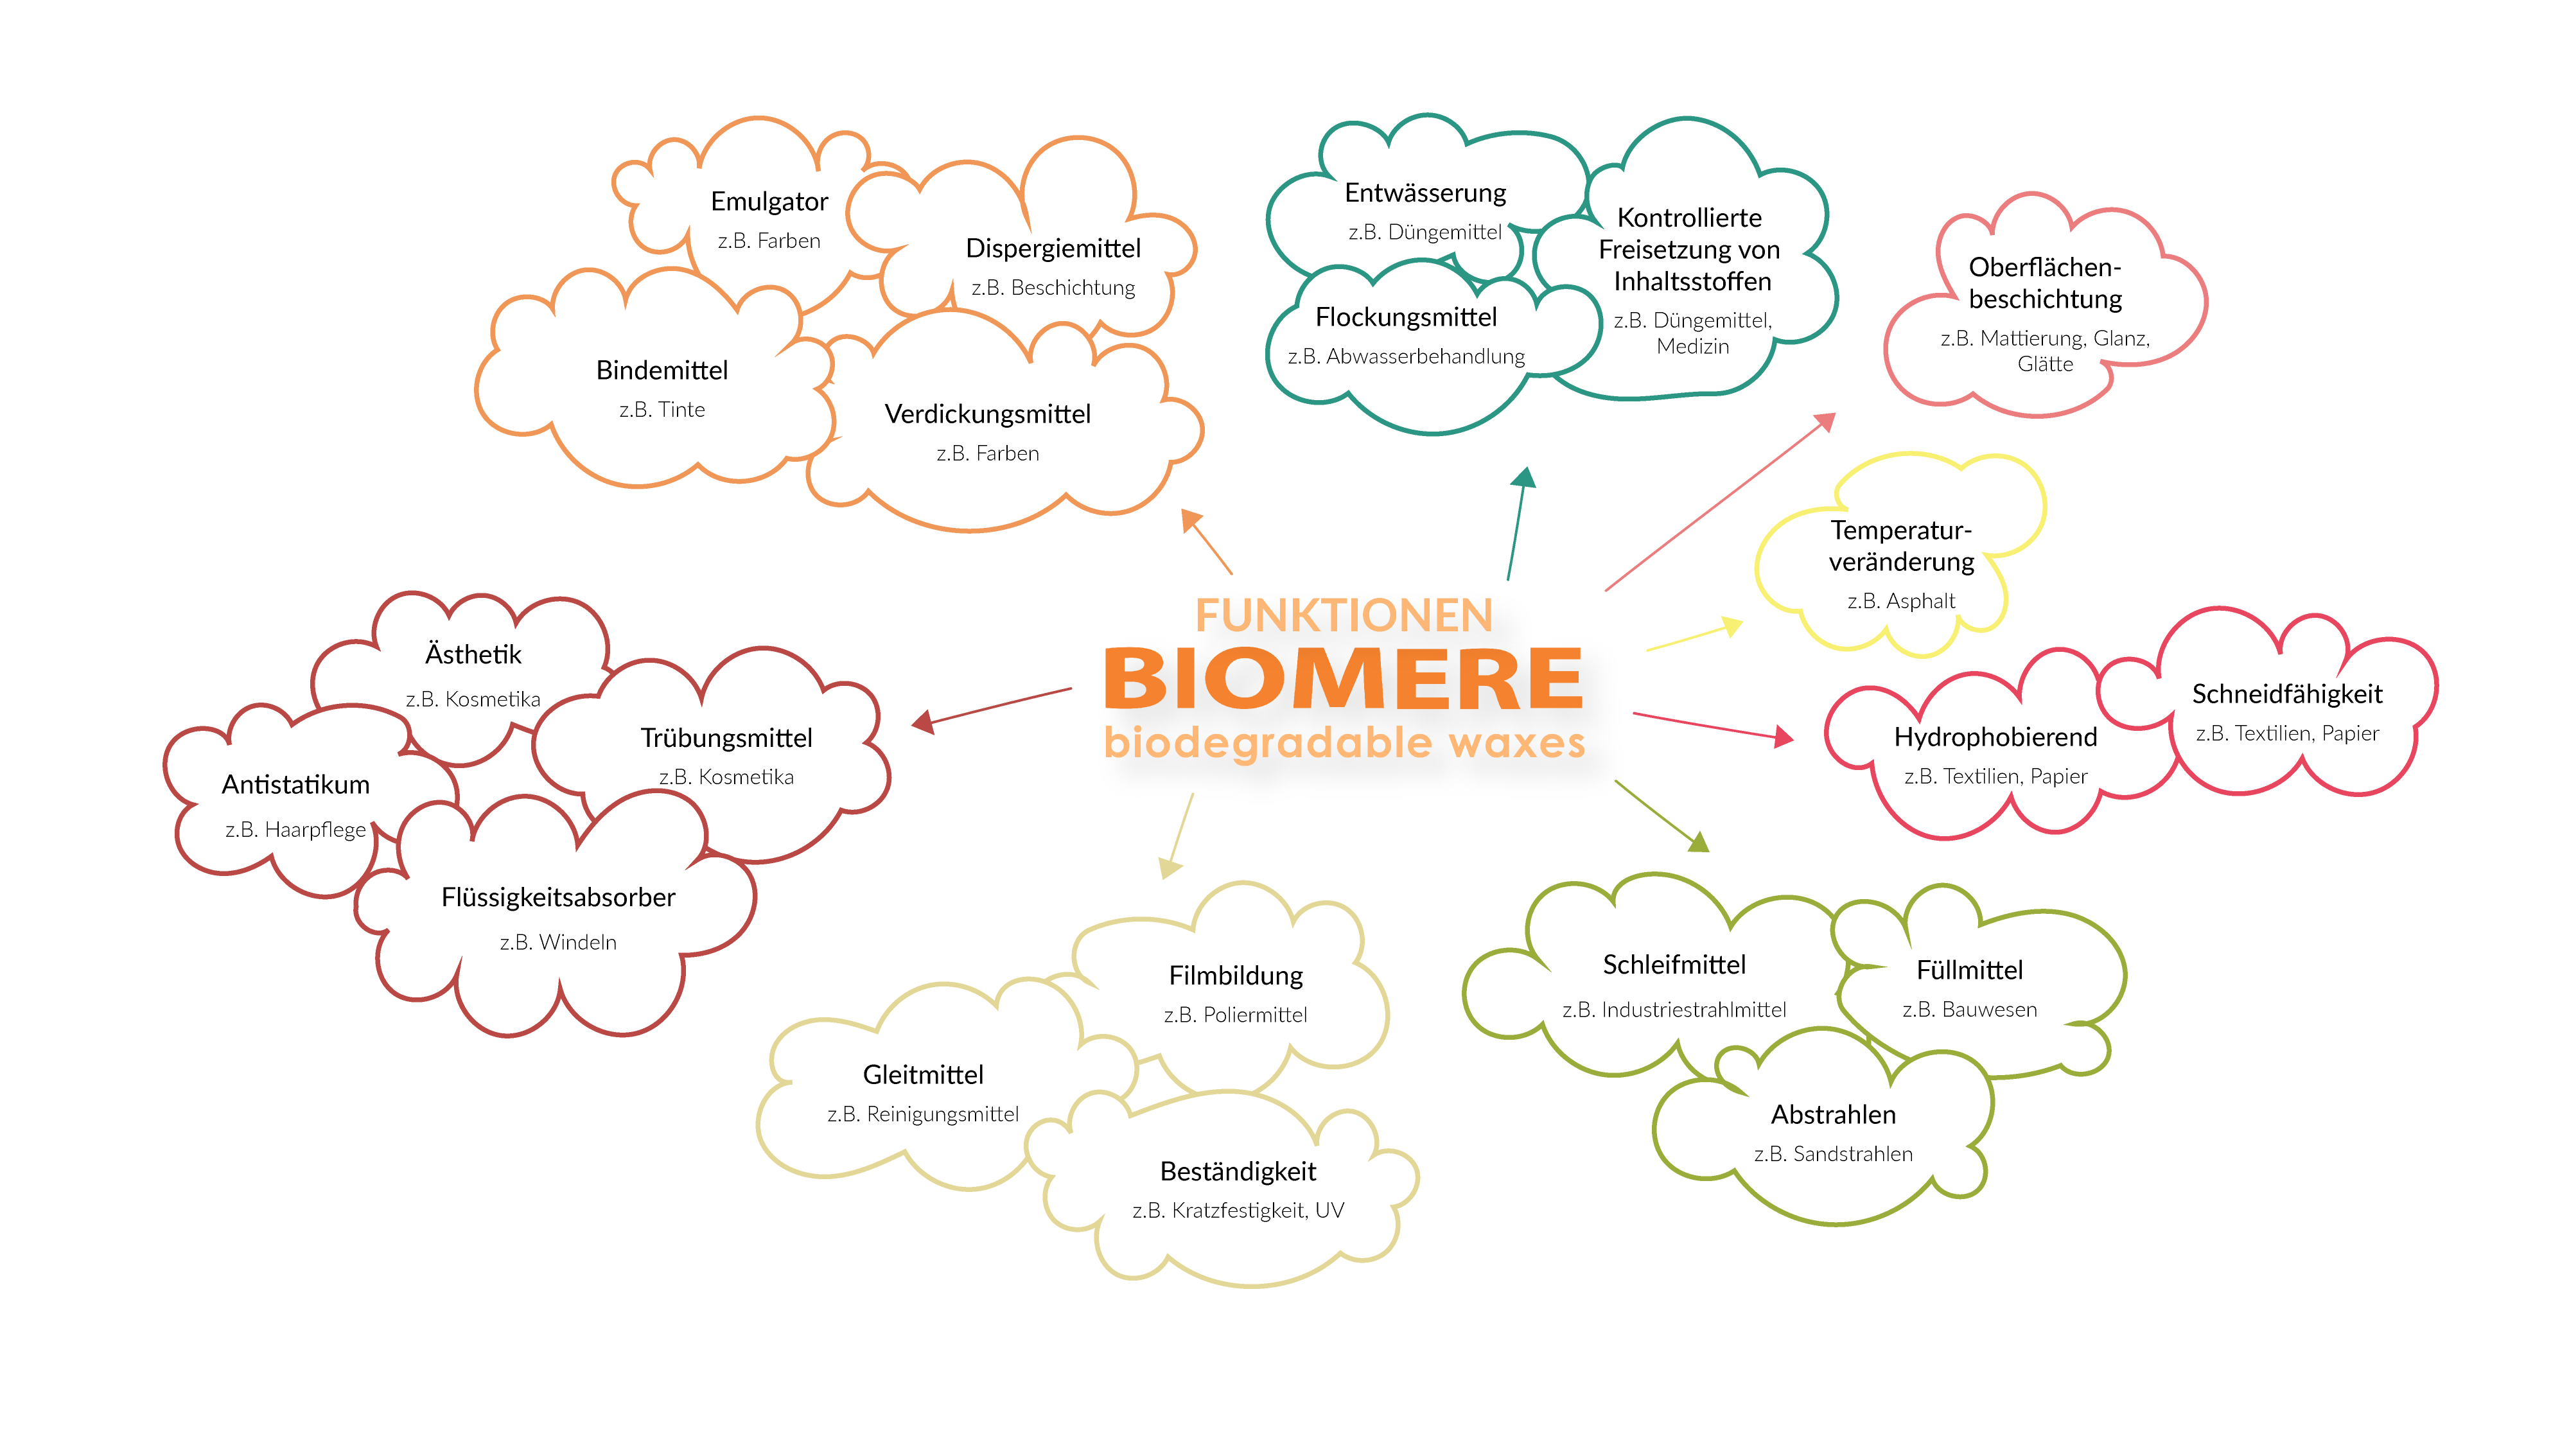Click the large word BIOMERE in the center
tap(1342, 678)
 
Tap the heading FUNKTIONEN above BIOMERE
tap(1344, 615)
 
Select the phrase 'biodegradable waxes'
tap(1344, 743)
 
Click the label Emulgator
tap(769, 202)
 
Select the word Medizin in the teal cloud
tap(1692, 347)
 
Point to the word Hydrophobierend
tap(1995, 737)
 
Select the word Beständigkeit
tap(1238, 1172)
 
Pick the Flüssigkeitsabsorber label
tap(557, 898)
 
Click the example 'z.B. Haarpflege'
tap(295, 830)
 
